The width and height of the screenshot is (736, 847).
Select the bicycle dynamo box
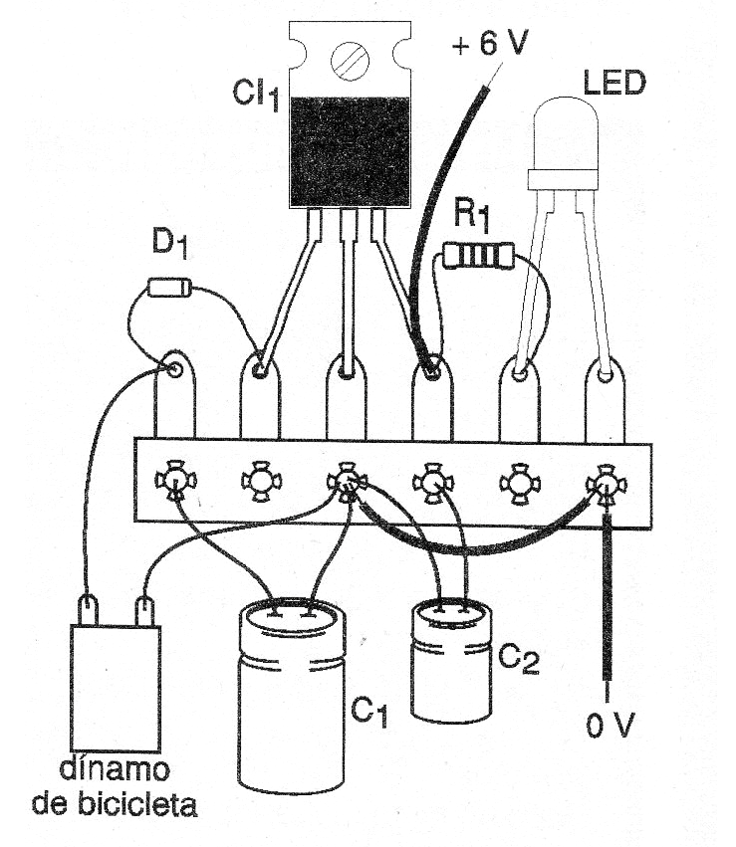pyautogui.click(x=115, y=687)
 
